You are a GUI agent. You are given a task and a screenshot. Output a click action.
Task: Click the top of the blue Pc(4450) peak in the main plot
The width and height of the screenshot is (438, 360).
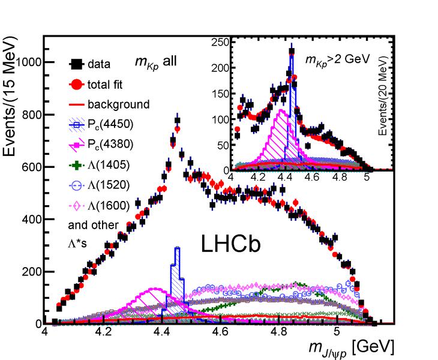177,247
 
